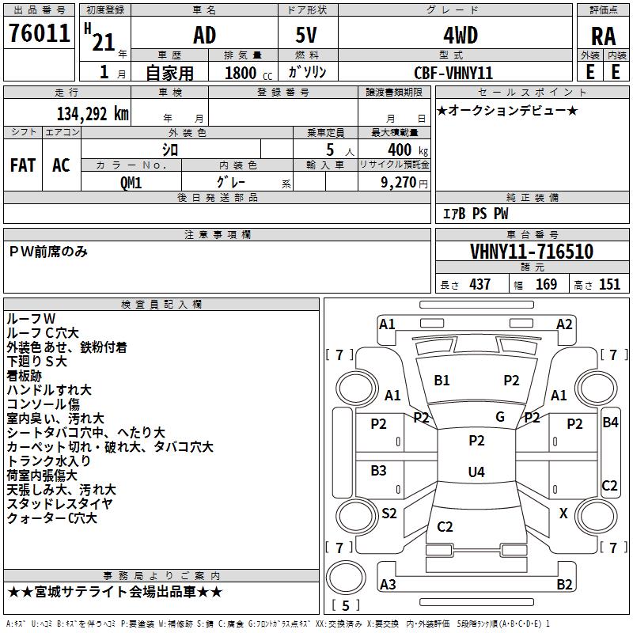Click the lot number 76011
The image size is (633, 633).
click(39, 33)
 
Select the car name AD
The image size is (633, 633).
click(204, 36)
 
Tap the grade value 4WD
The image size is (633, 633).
click(461, 36)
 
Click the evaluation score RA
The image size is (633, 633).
click(603, 36)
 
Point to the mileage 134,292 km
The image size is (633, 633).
click(93, 114)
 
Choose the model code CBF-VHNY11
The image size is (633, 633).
click(453, 73)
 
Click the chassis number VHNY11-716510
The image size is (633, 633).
click(532, 252)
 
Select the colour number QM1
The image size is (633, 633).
click(131, 183)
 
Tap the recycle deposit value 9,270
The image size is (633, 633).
click(398, 183)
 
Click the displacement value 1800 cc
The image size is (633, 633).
click(248, 73)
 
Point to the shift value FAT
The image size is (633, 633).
click(23, 165)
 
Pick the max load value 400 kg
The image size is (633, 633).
click(407, 150)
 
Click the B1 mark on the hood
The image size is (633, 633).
click(442, 381)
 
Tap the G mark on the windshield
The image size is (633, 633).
click(500, 417)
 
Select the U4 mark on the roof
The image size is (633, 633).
click(476, 472)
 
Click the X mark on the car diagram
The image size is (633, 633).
click(563, 513)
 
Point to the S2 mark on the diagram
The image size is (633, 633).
click(389, 513)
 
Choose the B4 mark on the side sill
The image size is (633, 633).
click(610, 423)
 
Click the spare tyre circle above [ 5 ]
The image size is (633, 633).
click(346, 578)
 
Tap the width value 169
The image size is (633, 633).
click(546, 284)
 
